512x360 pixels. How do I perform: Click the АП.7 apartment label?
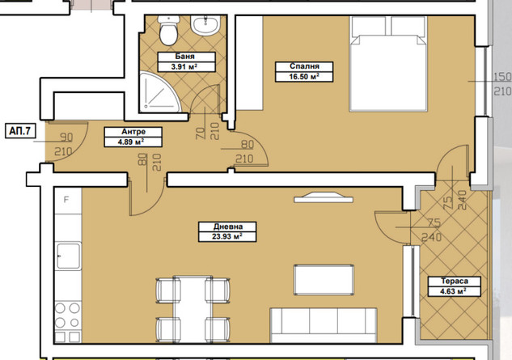click(x=20, y=131)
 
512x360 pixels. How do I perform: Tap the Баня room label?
click(x=186, y=56)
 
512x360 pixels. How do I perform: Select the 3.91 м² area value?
click(x=184, y=67)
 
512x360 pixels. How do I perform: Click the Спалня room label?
click(x=304, y=66)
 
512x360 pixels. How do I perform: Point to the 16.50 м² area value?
click(x=304, y=77)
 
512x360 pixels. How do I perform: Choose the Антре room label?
click(x=133, y=132)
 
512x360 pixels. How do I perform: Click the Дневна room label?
click(x=227, y=226)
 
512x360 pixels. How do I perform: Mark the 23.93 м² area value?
click(x=227, y=236)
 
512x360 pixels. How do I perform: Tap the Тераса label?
click(x=455, y=281)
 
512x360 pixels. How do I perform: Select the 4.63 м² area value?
click(x=455, y=291)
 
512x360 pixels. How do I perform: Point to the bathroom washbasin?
click(x=205, y=25)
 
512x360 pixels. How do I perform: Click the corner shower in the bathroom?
click(x=159, y=92)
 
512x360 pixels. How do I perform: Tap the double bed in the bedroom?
click(x=388, y=64)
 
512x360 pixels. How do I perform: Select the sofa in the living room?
click(x=324, y=325)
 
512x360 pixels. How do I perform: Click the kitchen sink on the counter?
click(x=68, y=256)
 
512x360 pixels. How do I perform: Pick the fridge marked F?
click(x=68, y=201)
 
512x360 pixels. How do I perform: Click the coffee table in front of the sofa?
click(x=324, y=280)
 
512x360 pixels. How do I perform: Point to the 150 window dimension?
click(x=501, y=77)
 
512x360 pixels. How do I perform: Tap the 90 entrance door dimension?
click(x=66, y=138)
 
